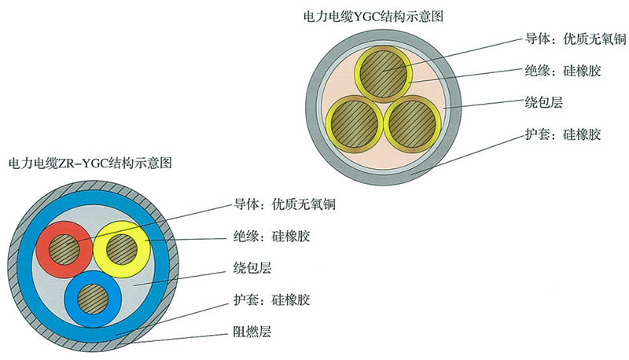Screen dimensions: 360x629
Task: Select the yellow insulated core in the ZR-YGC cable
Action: tap(122, 248)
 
